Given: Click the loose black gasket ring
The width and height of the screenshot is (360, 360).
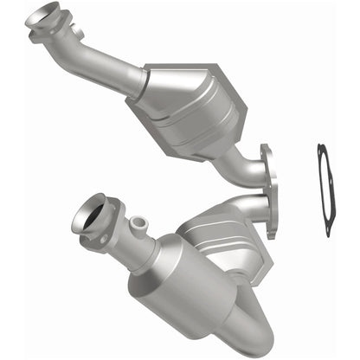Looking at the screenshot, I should tap(322, 190).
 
